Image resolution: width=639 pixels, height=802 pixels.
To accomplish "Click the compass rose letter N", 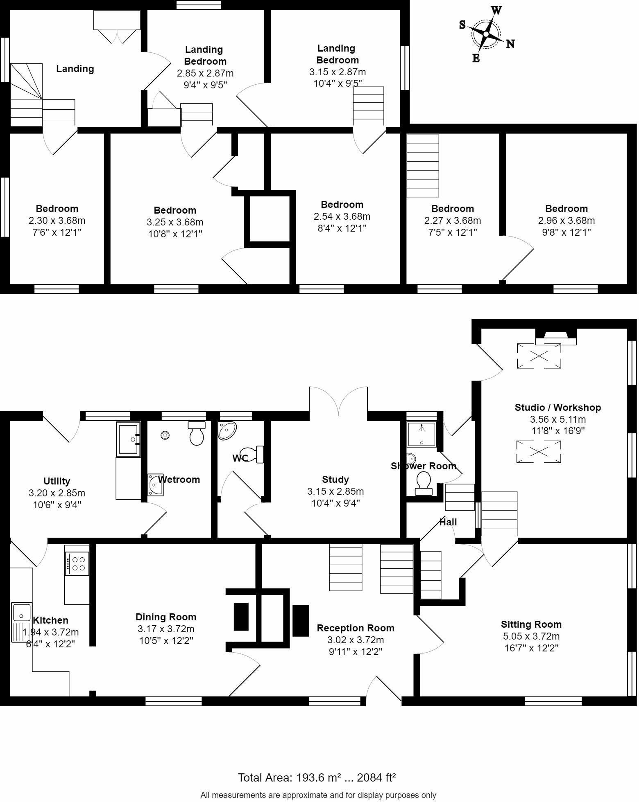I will pos(510,44).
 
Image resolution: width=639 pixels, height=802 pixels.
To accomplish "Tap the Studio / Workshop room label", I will pos(557,408).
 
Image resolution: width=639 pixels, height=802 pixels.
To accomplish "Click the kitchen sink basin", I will pos(21,613).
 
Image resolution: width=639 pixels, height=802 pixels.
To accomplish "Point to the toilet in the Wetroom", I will pos(197,434).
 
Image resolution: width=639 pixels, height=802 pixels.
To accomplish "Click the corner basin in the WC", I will pos(227,430).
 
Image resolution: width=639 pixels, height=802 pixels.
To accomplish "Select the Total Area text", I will pos(317,777).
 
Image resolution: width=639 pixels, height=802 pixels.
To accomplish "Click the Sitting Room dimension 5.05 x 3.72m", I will pos(531,636).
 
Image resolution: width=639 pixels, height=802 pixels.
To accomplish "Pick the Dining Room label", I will pos(166,617).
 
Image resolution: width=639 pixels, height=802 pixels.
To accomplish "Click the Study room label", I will pos(335,480).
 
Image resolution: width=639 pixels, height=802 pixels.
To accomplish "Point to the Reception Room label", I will pos(355,628).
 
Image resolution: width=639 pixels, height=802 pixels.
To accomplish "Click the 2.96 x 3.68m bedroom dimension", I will pos(566,221).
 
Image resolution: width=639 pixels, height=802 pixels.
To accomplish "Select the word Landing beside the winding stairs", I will pos(75,69).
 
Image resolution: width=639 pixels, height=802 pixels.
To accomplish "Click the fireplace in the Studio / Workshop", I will pos(555,337).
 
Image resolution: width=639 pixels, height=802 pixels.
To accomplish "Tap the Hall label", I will pos(448,522).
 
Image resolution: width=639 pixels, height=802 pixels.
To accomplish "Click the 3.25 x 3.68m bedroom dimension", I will pos(175,222).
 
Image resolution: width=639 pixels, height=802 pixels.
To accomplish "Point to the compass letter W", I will pos(496,10).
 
